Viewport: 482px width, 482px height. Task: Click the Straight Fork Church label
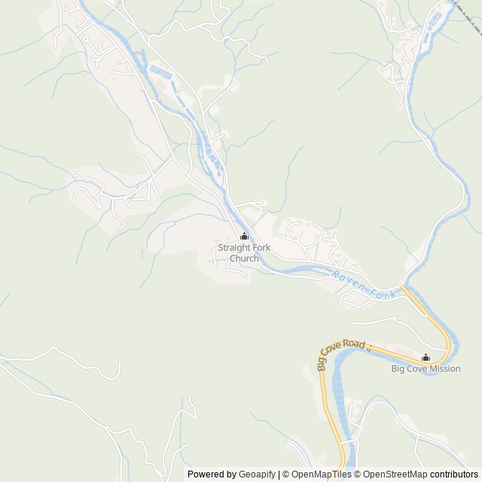pyautogui.click(x=243, y=253)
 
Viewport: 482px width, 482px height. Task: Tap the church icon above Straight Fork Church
pyautogui.click(x=243, y=236)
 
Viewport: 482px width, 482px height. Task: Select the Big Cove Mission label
pyautogui.click(x=426, y=369)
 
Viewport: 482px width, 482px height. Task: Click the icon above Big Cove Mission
pyautogui.click(x=426, y=358)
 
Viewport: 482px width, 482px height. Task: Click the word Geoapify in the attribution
pyautogui.click(x=257, y=474)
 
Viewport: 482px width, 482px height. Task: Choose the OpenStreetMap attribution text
pyautogui.click(x=392, y=474)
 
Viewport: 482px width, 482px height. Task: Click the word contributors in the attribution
pyautogui.click(x=454, y=474)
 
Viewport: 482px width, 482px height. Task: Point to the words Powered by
pyautogui.click(x=211, y=474)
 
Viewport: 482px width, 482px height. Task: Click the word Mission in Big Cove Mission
pyautogui.click(x=444, y=369)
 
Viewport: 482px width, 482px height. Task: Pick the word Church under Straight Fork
pyautogui.click(x=243, y=258)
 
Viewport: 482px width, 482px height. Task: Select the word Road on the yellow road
pyautogui.click(x=355, y=345)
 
